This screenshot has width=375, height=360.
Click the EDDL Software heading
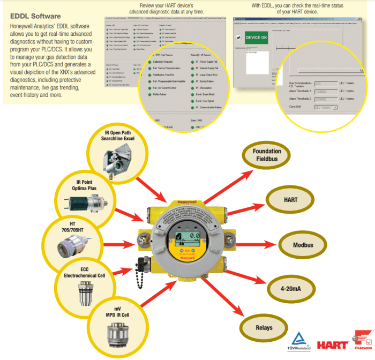35,17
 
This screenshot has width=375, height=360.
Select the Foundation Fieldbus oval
266,155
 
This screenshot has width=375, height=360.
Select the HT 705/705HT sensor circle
73,244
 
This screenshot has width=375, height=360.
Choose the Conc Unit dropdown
325,107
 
